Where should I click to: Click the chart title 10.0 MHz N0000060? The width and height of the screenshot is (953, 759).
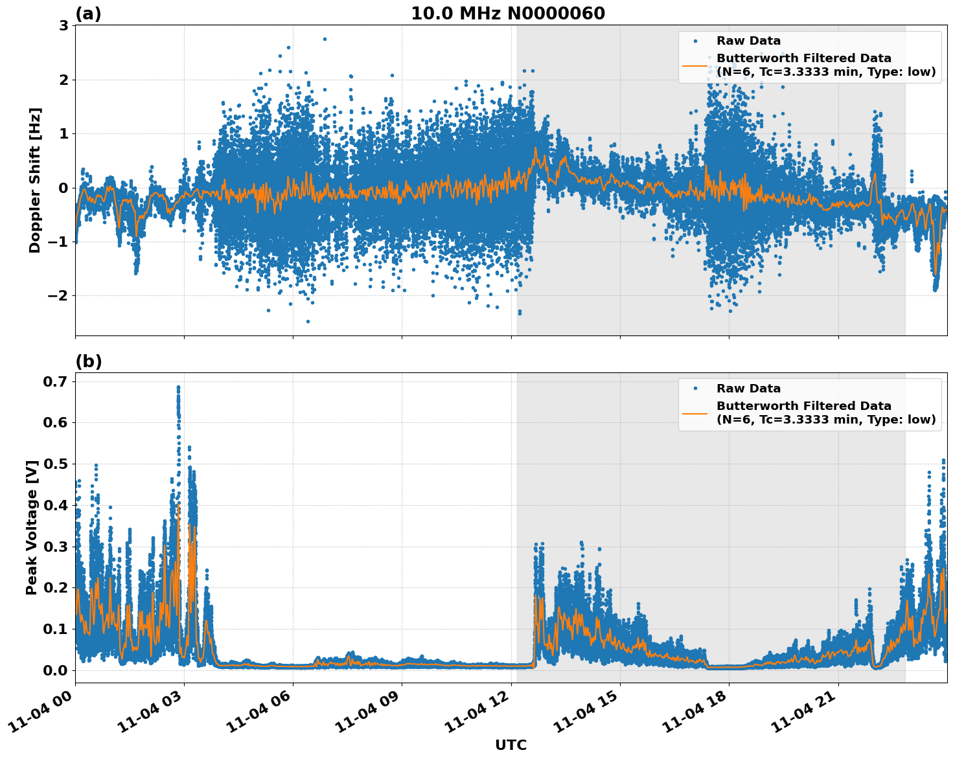pyautogui.click(x=507, y=14)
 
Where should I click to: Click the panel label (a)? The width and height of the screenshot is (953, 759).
pyautogui.click(x=88, y=14)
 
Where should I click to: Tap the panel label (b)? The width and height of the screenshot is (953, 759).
pyautogui.click(x=88, y=361)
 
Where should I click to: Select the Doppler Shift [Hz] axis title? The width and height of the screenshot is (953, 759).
pyautogui.click(x=35, y=180)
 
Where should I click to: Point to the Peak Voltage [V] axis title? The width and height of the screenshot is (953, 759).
pyautogui.click(x=32, y=527)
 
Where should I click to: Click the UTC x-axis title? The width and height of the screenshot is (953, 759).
pyautogui.click(x=511, y=745)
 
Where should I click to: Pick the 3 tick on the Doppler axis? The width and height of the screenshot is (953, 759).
pyautogui.click(x=63, y=26)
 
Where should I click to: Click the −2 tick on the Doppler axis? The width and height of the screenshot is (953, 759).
pyautogui.click(x=58, y=296)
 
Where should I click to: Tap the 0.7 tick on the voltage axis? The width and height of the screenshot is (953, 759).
pyautogui.click(x=56, y=381)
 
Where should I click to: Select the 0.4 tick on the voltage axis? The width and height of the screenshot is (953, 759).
pyautogui.click(x=56, y=505)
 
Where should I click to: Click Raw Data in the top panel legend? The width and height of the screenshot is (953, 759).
pyautogui.click(x=748, y=41)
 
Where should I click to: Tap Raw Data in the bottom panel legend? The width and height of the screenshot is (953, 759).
pyautogui.click(x=748, y=389)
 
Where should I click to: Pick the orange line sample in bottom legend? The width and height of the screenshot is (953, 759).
pyautogui.click(x=695, y=413)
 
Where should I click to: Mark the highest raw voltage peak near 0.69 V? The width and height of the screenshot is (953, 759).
pyautogui.click(x=178, y=388)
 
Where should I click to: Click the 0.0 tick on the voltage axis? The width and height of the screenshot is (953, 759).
pyautogui.click(x=56, y=670)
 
